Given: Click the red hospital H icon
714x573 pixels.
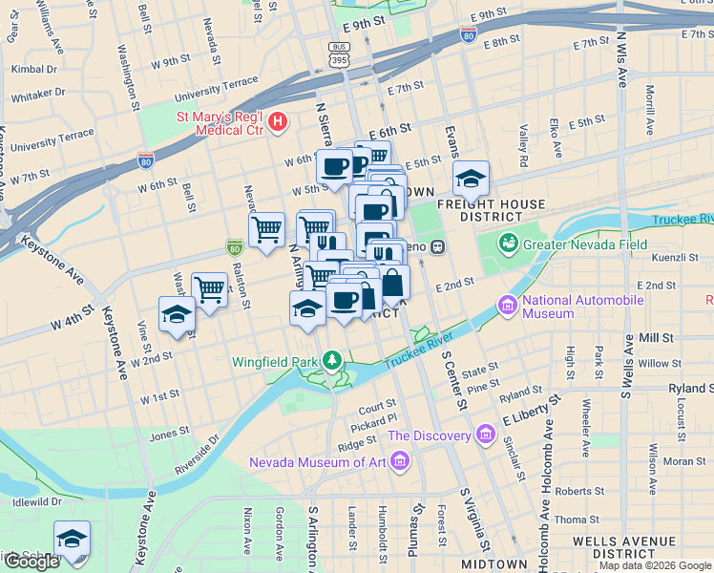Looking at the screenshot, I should pyautogui.click(x=278, y=121).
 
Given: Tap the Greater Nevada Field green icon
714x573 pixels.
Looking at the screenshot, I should pyautogui.click(x=510, y=244).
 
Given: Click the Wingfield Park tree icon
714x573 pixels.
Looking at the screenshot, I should pyautogui.click(x=331, y=361).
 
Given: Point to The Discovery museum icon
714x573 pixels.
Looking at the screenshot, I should pyautogui.click(x=487, y=435).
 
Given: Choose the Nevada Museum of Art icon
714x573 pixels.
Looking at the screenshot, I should pyautogui.click(x=401, y=463).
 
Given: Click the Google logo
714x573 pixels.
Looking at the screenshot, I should pyautogui.click(x=31, y=562).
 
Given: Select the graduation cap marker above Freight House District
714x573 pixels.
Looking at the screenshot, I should pyautogui.click(x=470, y=179).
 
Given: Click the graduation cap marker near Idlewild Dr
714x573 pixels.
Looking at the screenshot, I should pyautogui.click(x=72, y=539).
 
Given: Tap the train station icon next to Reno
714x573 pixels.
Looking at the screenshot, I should pyautogui.click(x=438, y=246).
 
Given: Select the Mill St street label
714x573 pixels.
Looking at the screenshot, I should pyautogui.click(x=656, y=338).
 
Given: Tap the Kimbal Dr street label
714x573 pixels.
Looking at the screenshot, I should pyautogui.click(x=34, y=69).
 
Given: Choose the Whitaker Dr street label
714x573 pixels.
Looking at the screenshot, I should pyautogui.click(x=38, y=95).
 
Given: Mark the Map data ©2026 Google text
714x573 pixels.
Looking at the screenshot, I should pyautogui.click(x=654, y=565).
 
